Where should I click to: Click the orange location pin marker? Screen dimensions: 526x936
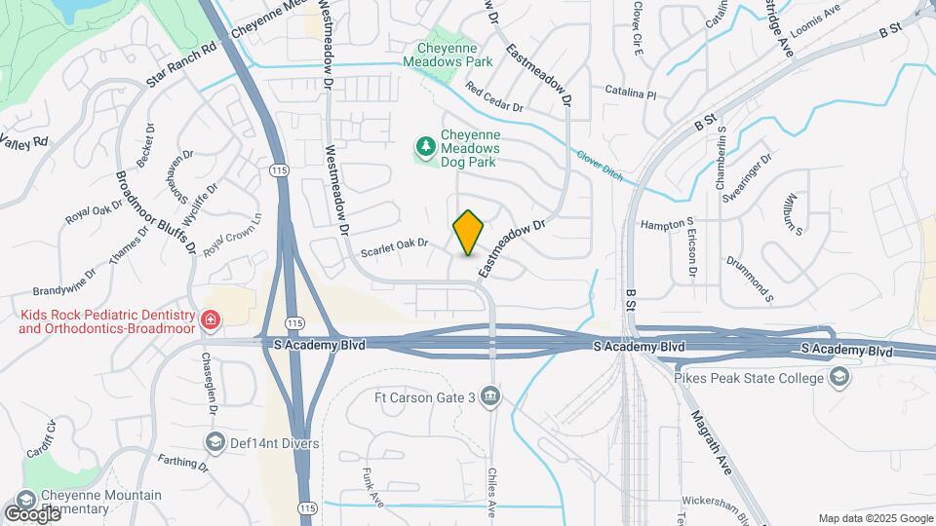[x=469, y=233]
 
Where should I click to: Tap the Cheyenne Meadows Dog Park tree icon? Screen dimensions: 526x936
[x=425, y=147]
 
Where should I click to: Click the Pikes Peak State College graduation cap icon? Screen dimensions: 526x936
[x=838, y=378]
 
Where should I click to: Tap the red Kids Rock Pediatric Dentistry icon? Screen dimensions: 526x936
[x=209, y=319]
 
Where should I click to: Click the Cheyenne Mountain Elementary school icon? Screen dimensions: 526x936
[x=26, y=499]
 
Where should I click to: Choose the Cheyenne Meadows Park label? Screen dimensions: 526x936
[x=452, y=53]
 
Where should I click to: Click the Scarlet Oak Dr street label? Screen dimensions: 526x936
[x=395, y=247]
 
